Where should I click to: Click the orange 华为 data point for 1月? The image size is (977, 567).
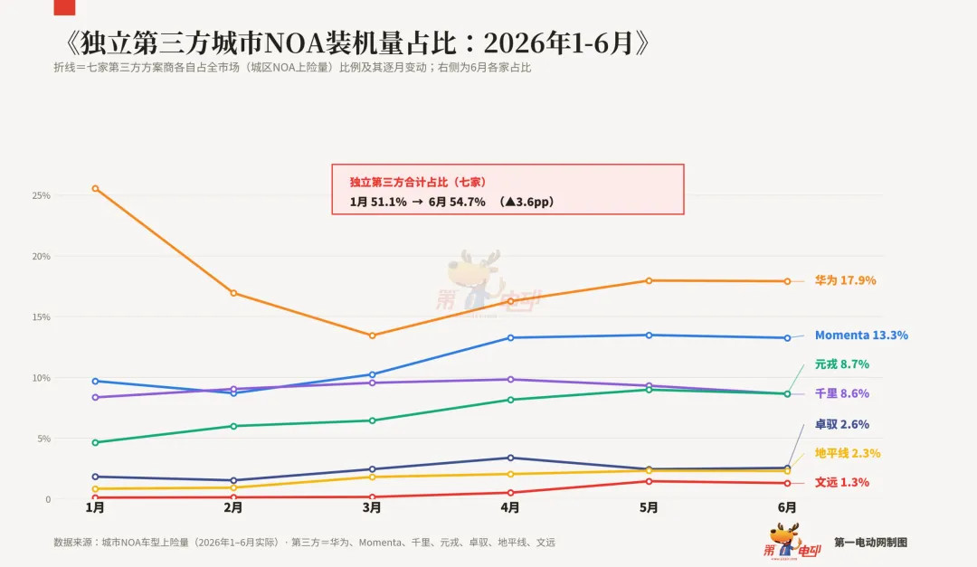click(x=95, y=188)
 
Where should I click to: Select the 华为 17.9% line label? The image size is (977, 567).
click(x=845, y=280)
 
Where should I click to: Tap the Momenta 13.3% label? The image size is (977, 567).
click(x=861, y=335)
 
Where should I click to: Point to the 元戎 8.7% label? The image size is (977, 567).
click(x=842, y=364)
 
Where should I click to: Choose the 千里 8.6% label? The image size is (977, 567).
click(x=842, y=393)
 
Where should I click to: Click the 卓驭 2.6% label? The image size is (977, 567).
click(x=842, y=424)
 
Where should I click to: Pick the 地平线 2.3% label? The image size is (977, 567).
click(x=848, y=453)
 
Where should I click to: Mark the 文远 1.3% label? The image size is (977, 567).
click(x=842, y=482)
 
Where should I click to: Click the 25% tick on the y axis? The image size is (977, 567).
click(x=41, y=195)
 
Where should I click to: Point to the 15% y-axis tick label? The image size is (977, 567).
click(x=41, y=317)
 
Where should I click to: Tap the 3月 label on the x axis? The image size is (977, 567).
click(x=372, y=508)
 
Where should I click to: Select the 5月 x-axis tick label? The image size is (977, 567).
click(x=649, y=508)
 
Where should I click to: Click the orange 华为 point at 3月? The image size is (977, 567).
click(x=372, y=335)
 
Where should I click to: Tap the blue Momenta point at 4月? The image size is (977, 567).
click(x=510, y=337)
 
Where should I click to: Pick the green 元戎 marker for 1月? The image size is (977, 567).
click(x=95, y=442)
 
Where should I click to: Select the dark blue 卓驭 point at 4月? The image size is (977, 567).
click(x=510, y=458)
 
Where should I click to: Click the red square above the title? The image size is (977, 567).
click(x=64, y=7)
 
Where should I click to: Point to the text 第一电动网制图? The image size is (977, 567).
click(x=870, y=543)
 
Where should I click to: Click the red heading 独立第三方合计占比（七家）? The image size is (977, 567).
click(x=417, y=182)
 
